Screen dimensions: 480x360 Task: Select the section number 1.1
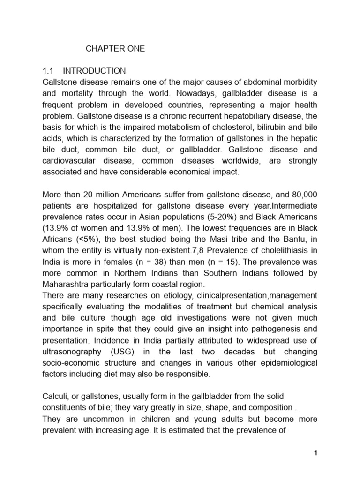click(x=49, y=71)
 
